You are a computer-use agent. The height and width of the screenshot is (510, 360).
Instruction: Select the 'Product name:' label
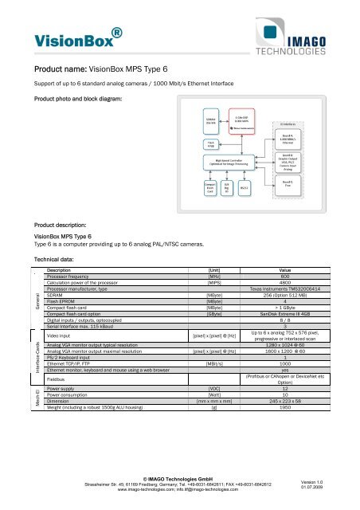click(58, 68)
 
